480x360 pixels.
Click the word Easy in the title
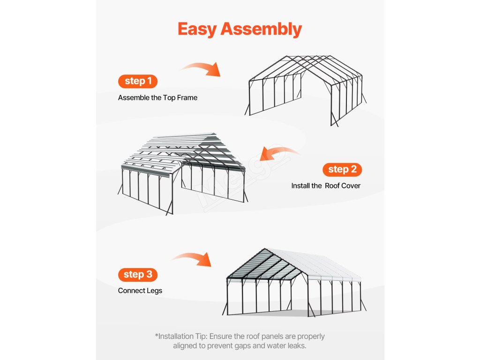point(197,29)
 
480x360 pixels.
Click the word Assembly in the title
point(261,30)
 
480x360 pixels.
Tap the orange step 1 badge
point(138,81)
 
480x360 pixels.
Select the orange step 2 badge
point(342,170)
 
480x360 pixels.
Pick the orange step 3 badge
point(138,275)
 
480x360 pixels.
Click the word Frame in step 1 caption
point(187,97)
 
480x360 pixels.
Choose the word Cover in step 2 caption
point(351,186)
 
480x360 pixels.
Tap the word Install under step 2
point(300,186)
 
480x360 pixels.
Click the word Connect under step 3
point(130,291)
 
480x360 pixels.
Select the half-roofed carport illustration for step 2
point(183,173)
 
